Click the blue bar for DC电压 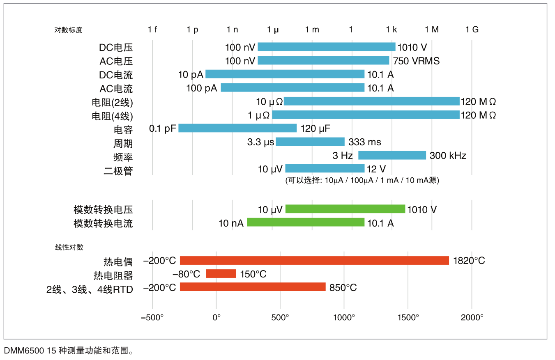tap(326, 47)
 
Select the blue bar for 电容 tap(237, 128)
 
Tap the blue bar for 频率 tap(392, 155)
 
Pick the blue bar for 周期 tap(310, 142)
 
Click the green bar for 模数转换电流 tap(306, 222)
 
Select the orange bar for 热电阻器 tap(221, 274)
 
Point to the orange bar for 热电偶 tap(314, 260)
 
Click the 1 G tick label tap(472, 30)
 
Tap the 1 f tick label tap(152, 30)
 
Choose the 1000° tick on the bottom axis tap(344, 317)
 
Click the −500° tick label tap(152, 317)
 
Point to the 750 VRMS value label tap(416, 61)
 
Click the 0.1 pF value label tap(163, 128)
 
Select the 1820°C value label tap(469, 261)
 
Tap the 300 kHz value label tap(448, 156)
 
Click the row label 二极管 tap(118, 170)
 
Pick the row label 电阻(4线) tap(113, 116)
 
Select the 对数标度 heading tap(69, 30)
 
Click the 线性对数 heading tap(69, 247)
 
